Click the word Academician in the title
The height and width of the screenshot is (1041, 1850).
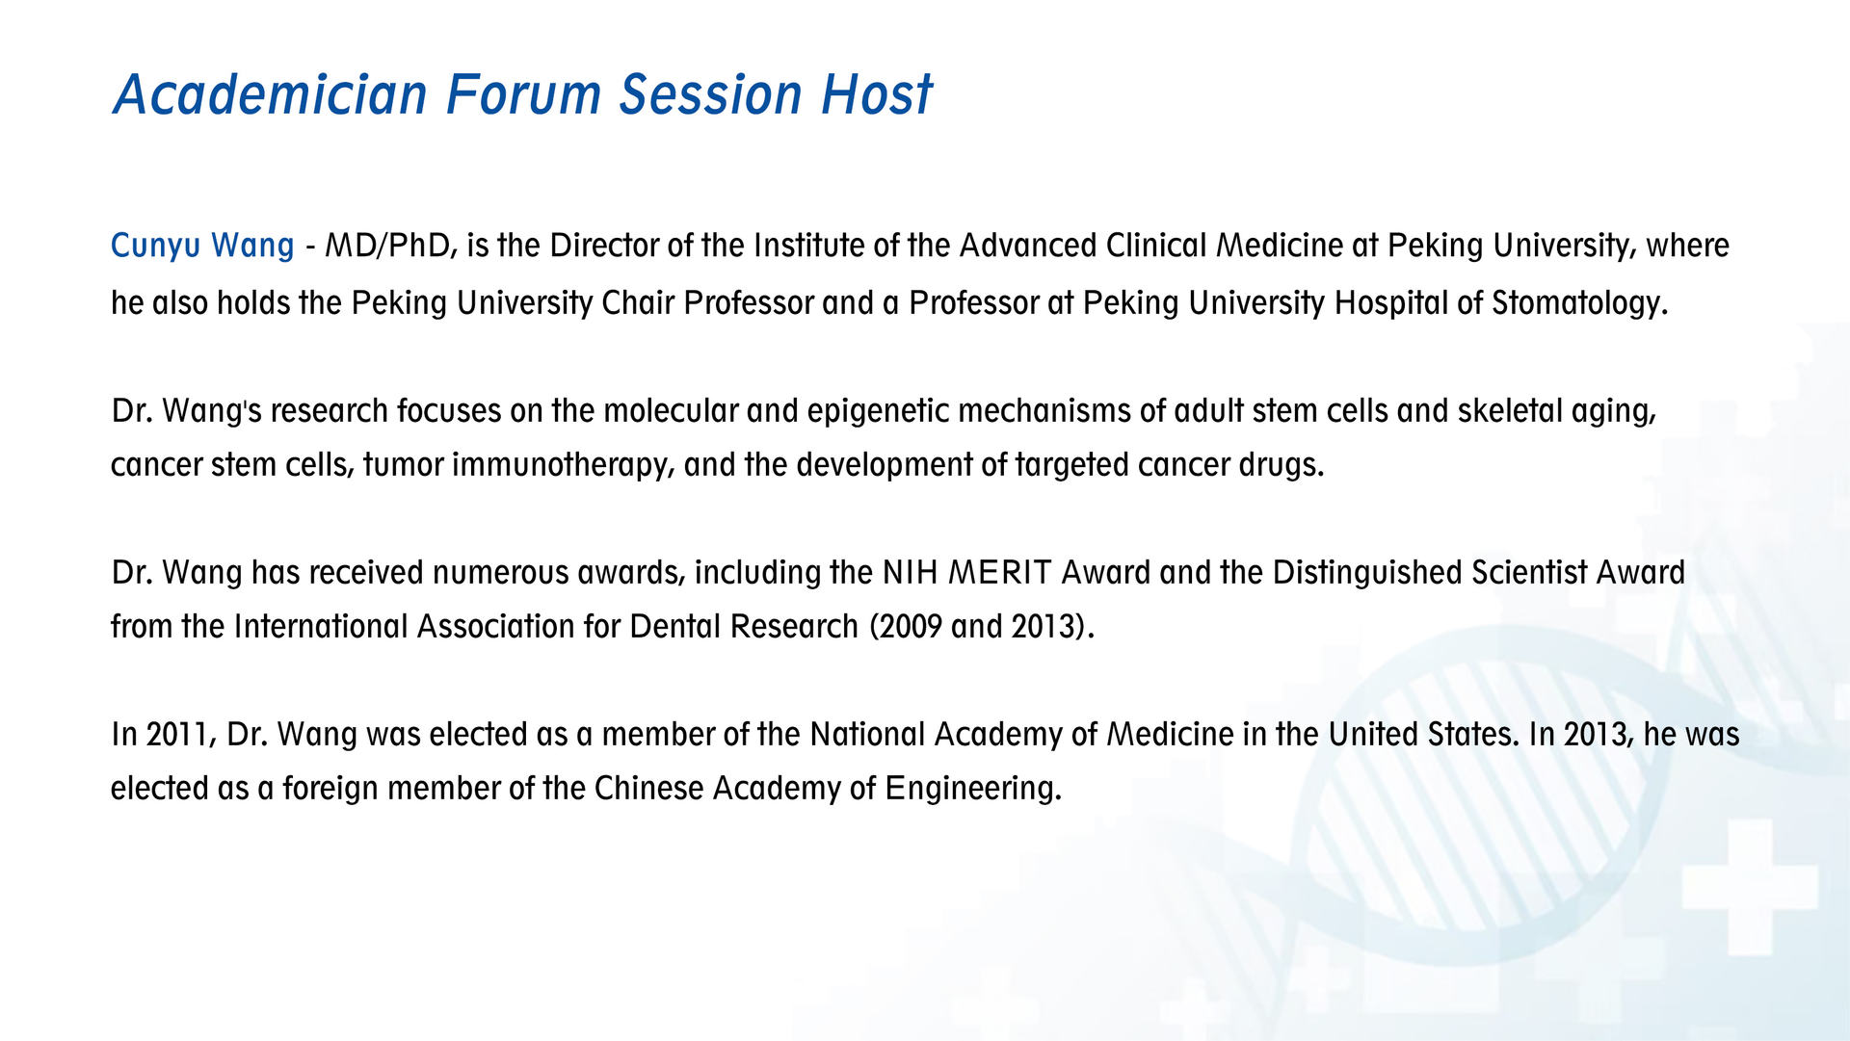[x=270, y=94]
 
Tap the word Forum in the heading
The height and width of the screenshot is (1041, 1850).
[x=522, y=94]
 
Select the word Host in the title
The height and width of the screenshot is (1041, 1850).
[x=877, y=94]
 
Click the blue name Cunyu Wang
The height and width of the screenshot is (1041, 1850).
[x=202, y=247]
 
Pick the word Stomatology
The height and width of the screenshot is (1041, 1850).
[x=1579, y=304]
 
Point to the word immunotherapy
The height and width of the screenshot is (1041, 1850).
[x=563, y=466]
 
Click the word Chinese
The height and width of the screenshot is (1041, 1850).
[x=648, y=789]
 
